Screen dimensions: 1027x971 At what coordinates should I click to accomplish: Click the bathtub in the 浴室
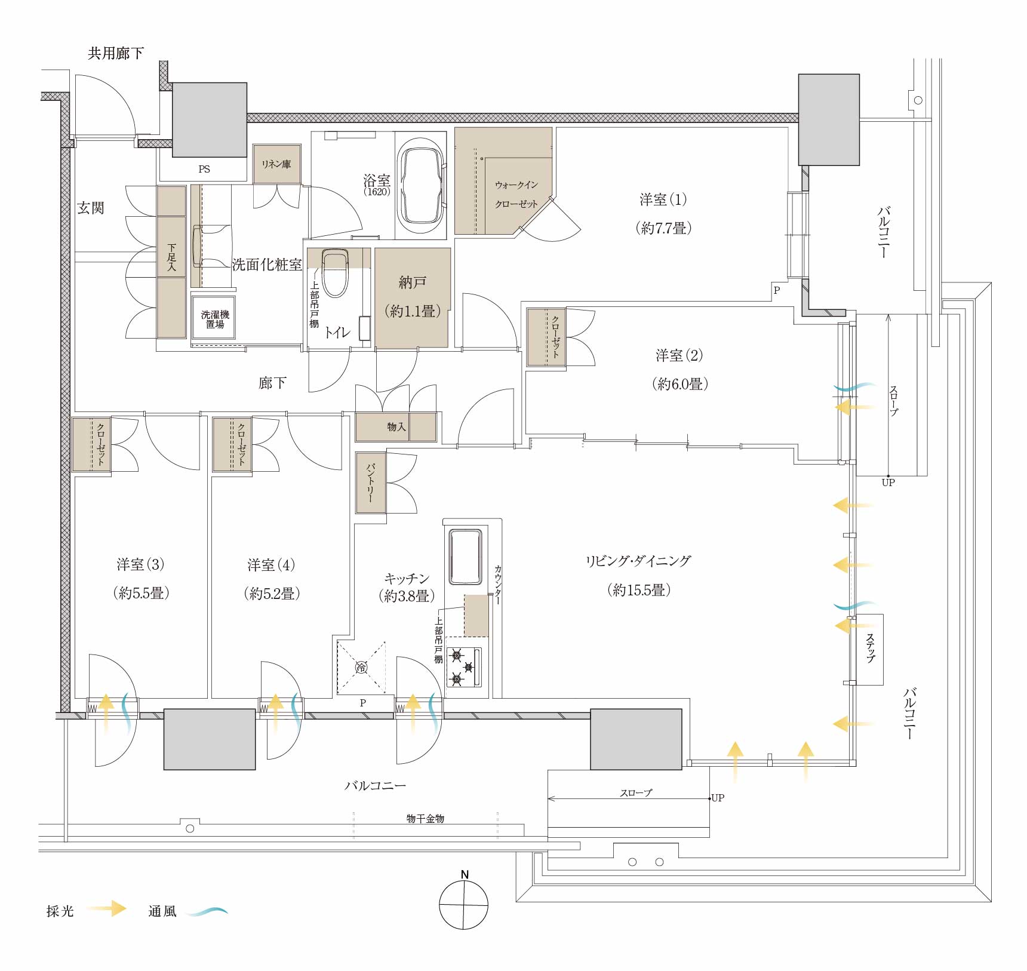point(422,186)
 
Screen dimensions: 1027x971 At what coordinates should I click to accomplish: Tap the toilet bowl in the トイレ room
point(335,273)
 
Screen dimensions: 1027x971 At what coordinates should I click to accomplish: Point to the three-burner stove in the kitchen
point(464,666)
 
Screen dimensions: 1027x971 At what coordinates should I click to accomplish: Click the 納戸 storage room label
point(413,282)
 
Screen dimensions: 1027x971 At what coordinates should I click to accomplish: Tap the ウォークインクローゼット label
point(516,195)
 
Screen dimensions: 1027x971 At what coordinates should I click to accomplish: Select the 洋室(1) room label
point(663,199)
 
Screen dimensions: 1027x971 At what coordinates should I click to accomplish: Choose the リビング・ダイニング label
point(638,561)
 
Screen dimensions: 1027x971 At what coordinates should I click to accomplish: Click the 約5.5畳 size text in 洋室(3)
point(141,593)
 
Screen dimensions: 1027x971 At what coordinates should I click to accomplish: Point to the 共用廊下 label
point(116,53)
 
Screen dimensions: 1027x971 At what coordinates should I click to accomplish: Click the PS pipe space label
point(204,169)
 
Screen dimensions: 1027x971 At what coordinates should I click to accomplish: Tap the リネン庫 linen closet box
point(276,164)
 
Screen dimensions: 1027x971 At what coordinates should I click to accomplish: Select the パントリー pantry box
point(371,483)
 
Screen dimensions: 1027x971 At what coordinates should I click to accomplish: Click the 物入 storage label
point(396,427)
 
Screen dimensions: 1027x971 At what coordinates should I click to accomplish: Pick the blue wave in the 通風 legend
point(207,911)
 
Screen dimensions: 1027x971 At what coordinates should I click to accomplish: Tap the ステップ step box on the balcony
point(869,649)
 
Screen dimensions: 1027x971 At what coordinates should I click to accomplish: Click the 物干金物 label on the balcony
point(425,819)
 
